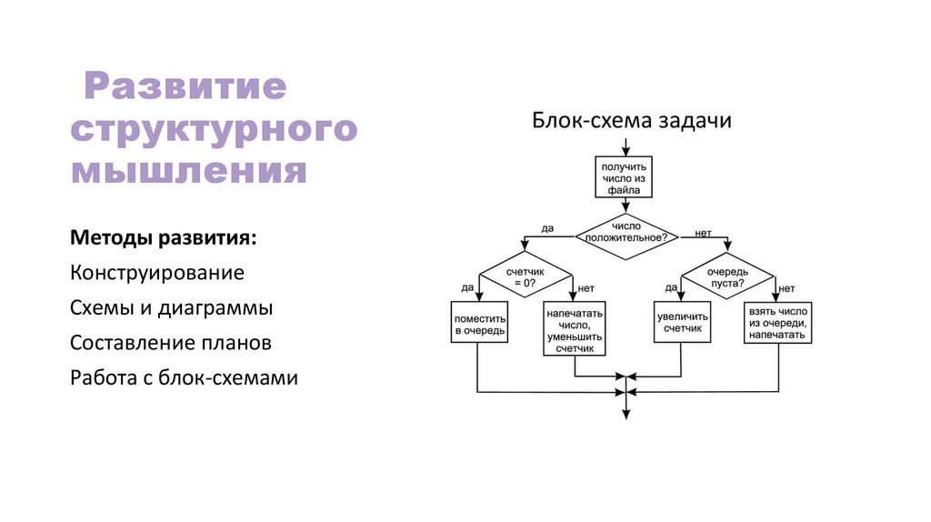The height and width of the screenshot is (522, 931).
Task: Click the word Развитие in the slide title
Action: click(185, 88)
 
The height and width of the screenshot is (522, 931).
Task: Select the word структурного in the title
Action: click(214, 129)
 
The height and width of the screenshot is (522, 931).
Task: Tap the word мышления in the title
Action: click(188, 171)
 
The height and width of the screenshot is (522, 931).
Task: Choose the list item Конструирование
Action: click(156, 273)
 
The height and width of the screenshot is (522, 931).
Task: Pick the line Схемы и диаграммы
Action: click(171, 307)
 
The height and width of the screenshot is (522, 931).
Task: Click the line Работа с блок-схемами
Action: click(184, 377)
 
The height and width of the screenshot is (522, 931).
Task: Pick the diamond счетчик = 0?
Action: click(525, 277)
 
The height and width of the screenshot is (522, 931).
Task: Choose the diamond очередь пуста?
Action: click(728, 277)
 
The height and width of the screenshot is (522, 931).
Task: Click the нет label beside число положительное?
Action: click(702, 234)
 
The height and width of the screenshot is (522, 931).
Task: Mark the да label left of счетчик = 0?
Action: click(466, 287)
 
